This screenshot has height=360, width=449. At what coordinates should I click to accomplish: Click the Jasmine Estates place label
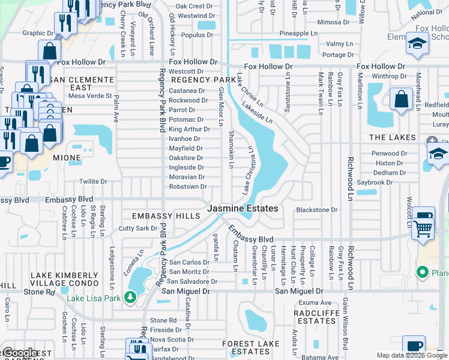[243, 208]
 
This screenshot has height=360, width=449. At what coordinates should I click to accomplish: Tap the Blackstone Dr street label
[317, 210]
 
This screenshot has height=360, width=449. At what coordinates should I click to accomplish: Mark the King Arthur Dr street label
[189, 129]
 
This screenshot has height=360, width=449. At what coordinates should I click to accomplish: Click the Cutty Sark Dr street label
[137, 229]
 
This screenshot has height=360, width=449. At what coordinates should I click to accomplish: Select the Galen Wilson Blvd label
[345, 325]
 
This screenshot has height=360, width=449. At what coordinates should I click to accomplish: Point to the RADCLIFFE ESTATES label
[315, 317]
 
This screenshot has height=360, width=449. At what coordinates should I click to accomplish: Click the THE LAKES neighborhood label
[392, 137]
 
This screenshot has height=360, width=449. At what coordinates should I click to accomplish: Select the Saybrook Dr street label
[387, 182]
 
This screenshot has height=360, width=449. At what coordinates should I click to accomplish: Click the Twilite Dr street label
[93, 181]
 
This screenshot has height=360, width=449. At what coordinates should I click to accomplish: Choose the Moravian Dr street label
[186, 177]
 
